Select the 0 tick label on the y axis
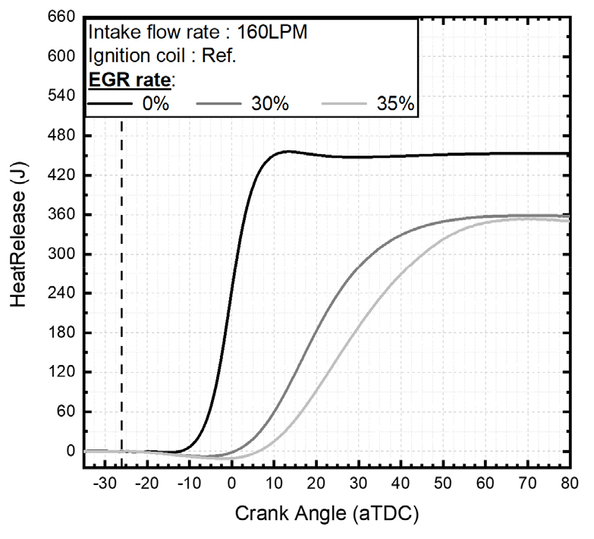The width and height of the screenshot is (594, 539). (70, 451)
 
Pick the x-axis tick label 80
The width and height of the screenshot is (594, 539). (568, 483)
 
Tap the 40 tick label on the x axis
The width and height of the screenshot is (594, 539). (400, 483)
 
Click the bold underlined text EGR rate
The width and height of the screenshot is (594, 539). (129, 80)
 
